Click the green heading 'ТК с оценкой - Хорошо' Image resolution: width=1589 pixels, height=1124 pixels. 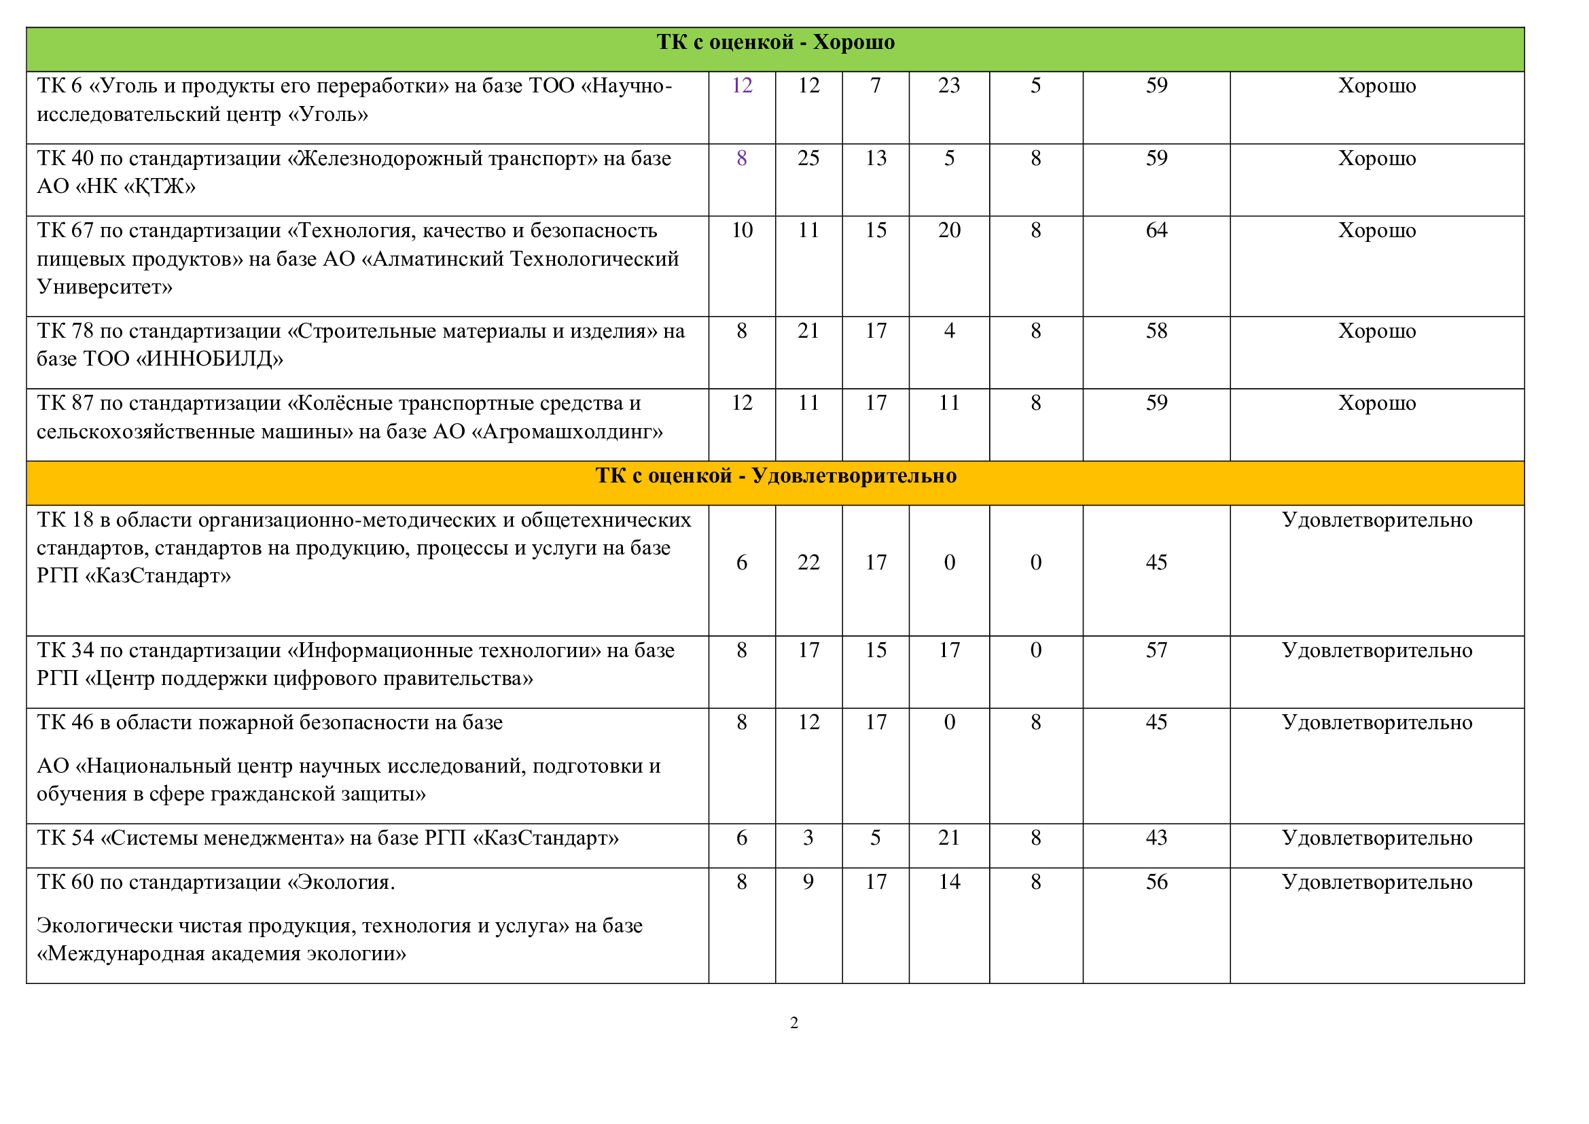[775, 42]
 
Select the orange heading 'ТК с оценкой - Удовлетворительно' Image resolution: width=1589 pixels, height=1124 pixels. [776, 476]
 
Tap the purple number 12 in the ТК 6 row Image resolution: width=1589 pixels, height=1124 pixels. [742, 85]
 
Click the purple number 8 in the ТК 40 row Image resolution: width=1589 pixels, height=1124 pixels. [742, 158]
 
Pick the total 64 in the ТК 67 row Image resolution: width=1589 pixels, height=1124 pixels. [1156, 230]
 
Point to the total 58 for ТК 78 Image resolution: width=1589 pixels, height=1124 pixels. [1156, 330]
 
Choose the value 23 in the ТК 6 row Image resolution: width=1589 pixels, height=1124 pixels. [949, 85]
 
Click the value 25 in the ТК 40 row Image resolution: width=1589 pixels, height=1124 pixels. [808, 158]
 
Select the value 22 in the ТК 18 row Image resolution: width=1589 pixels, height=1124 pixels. [808, 562]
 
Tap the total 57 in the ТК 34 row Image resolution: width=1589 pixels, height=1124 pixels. [1156, 650]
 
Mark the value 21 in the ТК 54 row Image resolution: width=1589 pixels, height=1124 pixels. [949, 837]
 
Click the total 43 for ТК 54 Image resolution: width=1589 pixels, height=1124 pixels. [1156, 837]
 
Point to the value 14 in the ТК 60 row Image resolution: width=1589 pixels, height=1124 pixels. [949, 882]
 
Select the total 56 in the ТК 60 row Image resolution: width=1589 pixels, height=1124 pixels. [1156, 882]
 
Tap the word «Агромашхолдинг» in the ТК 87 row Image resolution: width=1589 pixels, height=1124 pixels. [567, 432]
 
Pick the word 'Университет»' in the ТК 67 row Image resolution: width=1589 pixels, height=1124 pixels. [105, 287]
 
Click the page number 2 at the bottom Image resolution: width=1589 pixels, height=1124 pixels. [793, 1023]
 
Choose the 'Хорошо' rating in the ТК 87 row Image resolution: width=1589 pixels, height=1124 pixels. [1376, 403]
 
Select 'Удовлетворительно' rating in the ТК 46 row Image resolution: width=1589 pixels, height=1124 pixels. [1376, 722]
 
